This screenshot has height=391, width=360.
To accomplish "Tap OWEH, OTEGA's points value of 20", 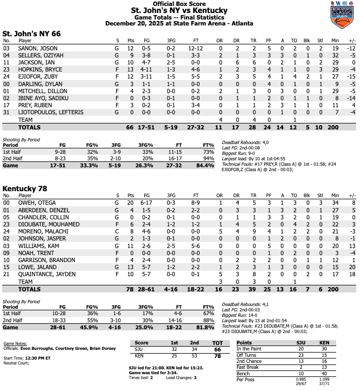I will (130, 203).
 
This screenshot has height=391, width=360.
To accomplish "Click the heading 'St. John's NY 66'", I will (31, 33).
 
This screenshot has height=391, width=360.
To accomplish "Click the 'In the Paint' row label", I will (251, 349).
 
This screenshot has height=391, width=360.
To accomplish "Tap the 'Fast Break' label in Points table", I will (249, 367).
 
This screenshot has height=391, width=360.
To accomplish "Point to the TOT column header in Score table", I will (217, 343).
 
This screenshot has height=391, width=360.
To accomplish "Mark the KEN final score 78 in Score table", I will (217, 357).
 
